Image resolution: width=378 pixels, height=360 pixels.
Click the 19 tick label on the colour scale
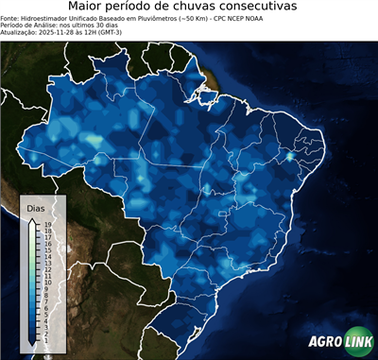pyautogui.click(x=47, y=224)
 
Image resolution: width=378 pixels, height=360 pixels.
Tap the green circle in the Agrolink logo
pyautogui.click(x=358, y=342)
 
